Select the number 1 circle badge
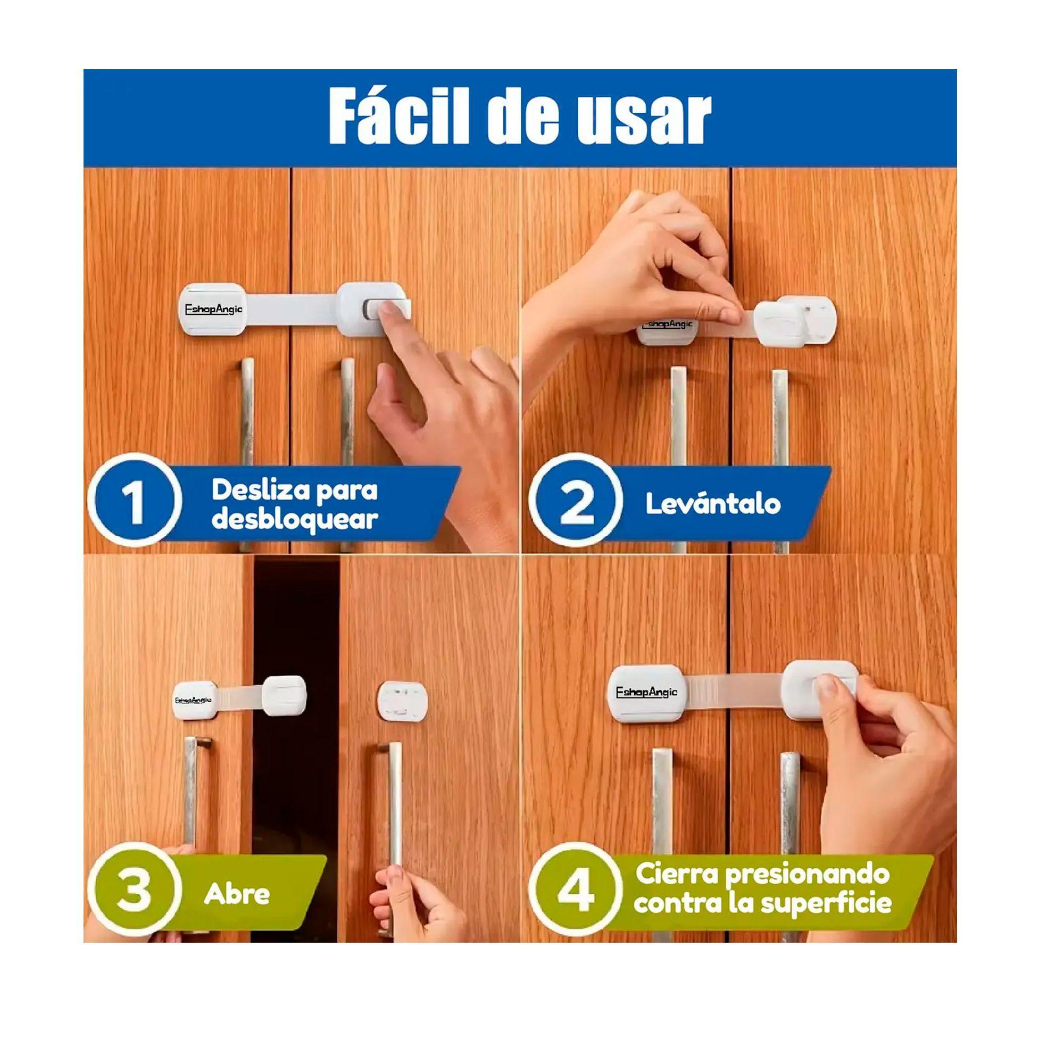click(x=135, y=501)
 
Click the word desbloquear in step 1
click(x=295, y=519)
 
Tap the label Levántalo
click(x=713, y=503)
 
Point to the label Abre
click(x=237, y=894)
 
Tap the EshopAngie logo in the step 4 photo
click(x=646, y=692)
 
